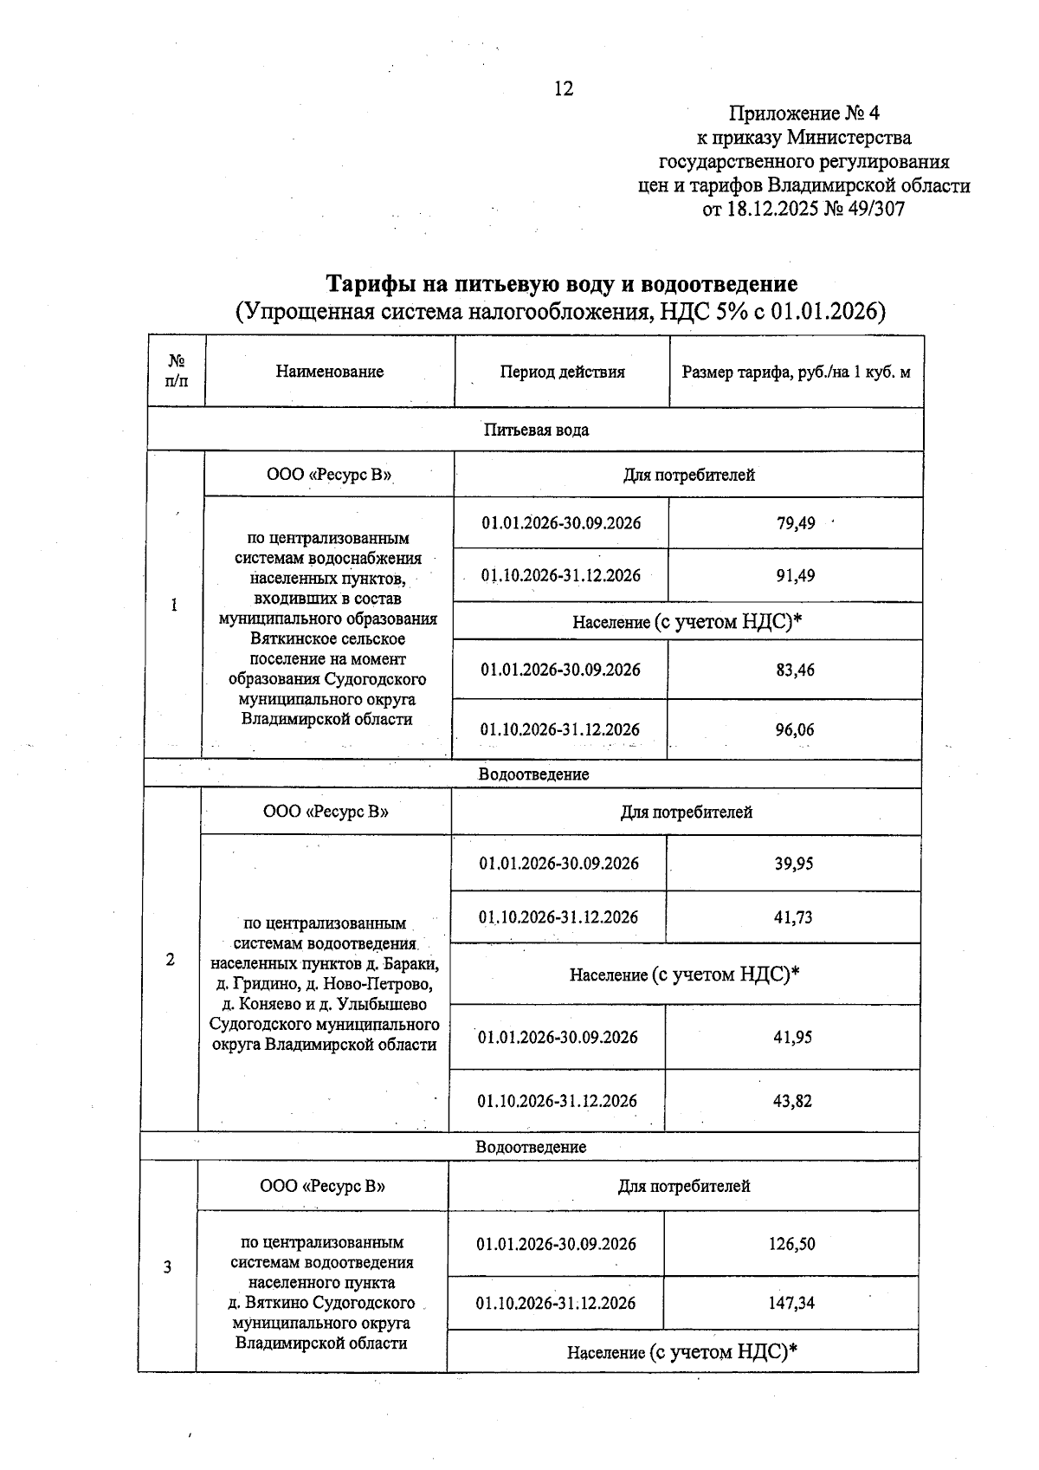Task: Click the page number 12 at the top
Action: (x=564, y=89)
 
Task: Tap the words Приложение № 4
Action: (x=804, y=113)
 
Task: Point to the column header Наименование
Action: (x=330, y=372)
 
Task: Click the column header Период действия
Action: (x=562, y=372)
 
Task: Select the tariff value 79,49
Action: (x=796, y=523)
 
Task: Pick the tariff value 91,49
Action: (x=796, y=576)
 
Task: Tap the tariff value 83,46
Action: (x=795, y=670)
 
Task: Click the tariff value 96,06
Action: (x=795, y=730)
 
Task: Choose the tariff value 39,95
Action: (x=793, y=864)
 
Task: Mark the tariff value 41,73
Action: (x=793, y=917)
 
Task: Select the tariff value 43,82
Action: (x=793, y=1101)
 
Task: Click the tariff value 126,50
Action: (x=791, y=1244)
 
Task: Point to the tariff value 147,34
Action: (x=791, y=1303)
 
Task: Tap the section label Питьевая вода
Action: (x=536, y=430)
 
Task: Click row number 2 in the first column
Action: (x=171, y=960)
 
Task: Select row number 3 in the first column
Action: (x=168, y=1267)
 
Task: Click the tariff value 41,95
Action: (x=793, y=1037)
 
